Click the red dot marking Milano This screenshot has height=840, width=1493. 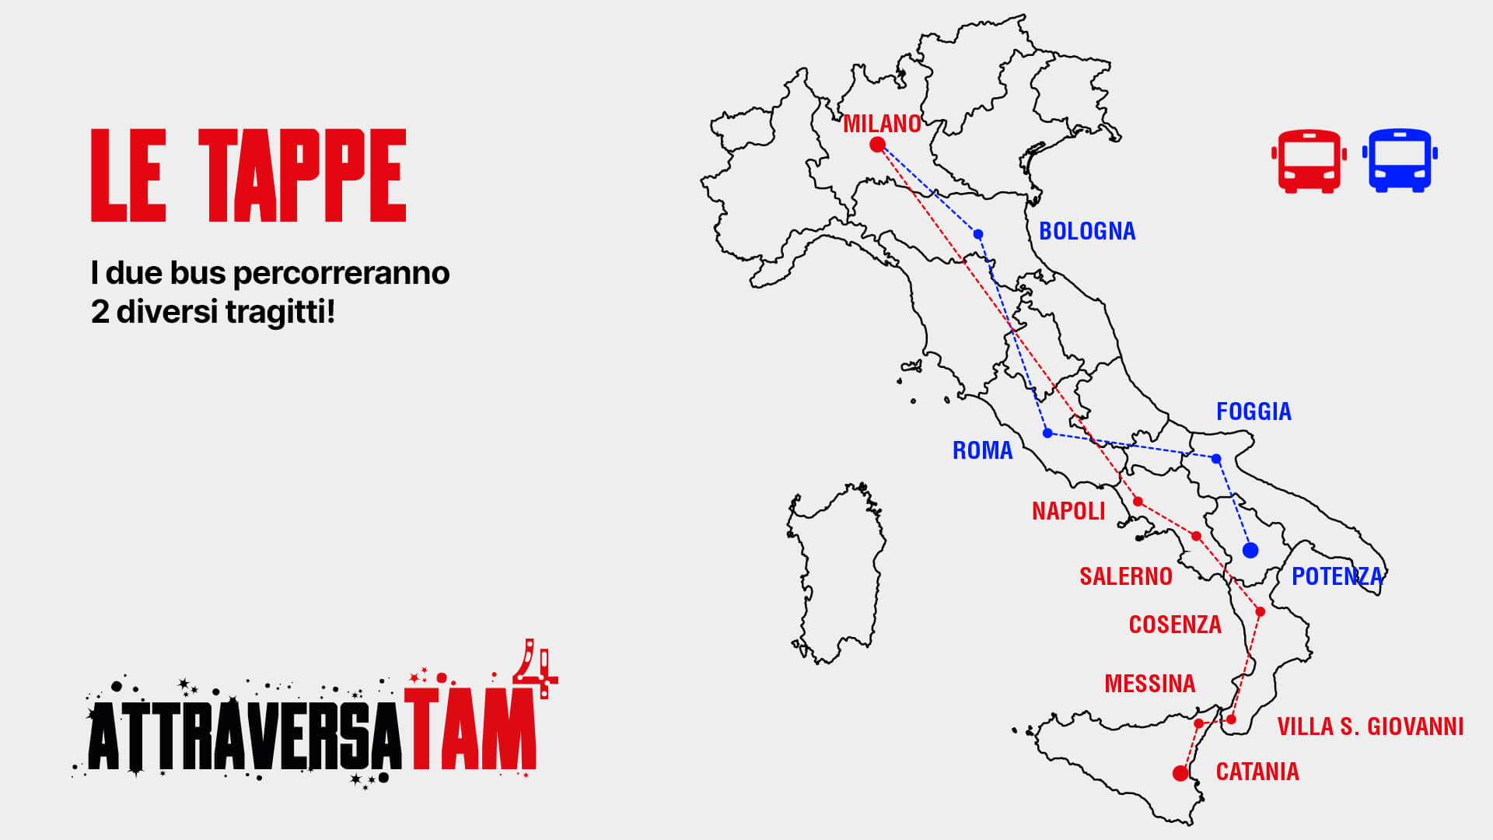tap(877, 144)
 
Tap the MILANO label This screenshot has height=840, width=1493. tap(882, 124)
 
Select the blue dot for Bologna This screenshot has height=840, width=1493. tap(978, 234)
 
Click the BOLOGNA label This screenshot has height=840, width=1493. tap(1086, 231)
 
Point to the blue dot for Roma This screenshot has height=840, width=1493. tap(1047, 432)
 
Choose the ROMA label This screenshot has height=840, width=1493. tap(982, 450)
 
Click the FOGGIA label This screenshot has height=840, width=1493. tap(1253, 411)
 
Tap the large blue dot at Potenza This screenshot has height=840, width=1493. tap(1250, 551)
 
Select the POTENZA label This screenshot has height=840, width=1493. tap(1337, 576)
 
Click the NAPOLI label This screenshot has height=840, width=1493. tap(1068, 511)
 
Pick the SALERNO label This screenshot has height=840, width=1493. tap(1125, 576)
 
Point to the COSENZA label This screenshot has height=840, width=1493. tap(1174, 625)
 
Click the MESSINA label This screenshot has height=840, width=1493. tap(1149, 684)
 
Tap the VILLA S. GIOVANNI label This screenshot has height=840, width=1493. tap(1370, 726)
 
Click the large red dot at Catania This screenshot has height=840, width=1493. tap(1180, 773)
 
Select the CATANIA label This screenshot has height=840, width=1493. tap(1257, 772)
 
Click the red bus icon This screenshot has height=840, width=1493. tap(1309, 161)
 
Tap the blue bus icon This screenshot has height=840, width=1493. tap(1400, 160)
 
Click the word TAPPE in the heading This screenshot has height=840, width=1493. tap(302, 176)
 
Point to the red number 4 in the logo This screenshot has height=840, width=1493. tap(535, 667)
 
